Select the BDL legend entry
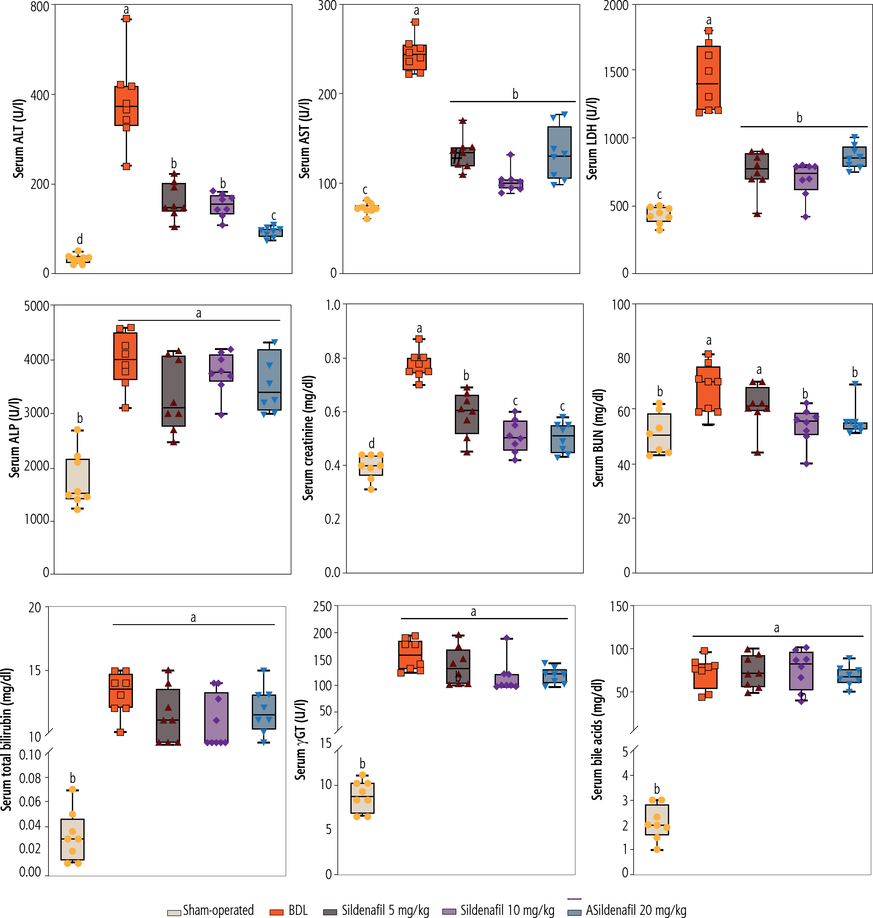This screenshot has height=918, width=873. pyautogui.click(x=298, y=910)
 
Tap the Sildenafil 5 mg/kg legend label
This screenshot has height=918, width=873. pyautogui.click(x=385, y=910)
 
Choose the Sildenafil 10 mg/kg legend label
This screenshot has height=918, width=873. pyautogui.click(x=507, y=910)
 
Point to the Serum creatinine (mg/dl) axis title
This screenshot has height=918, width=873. pyautogui.click(x=308, y=438)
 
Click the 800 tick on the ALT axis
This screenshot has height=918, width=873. pyautogui.click(x=40, y=6)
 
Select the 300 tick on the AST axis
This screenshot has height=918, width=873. pyautogui.click(x=327, y=6)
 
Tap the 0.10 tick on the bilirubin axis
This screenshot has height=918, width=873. pyautogui.click(x=30, y=755)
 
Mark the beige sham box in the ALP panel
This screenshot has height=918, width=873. pyautogui.click(x=78, y=479)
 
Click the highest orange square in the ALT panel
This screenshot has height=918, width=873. pyautogui.click(x=126, y=19)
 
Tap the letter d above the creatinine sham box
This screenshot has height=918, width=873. pyautogui.click(x=371, y=443)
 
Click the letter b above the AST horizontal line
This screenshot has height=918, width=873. pyautogui.click(x=515, y=94)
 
